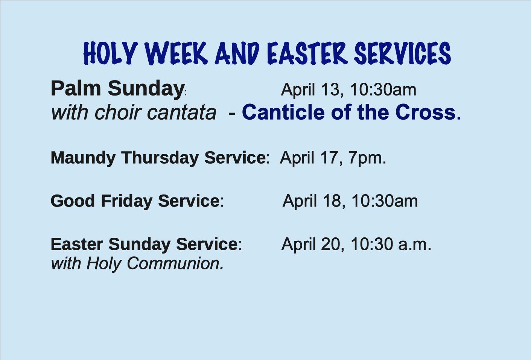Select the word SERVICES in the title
point(402,53)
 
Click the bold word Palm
point(76,88)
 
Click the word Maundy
point(83,158)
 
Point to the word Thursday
point(160,158)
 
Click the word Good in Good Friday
point(73,201)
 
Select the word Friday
point(127,202)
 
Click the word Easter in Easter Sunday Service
point(76,244)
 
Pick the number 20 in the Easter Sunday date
point(330,244)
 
